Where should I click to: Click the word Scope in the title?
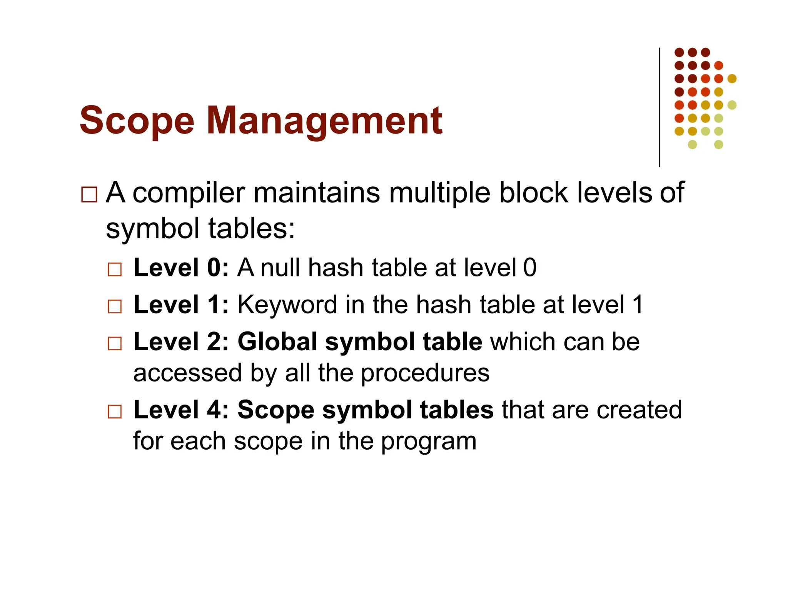[x=137, y=121]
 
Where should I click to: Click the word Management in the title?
[x=324, y=121]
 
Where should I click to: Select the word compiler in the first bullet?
[x=189, y=193]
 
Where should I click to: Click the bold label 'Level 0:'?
[x=181, y=268]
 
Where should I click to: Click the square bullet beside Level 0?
[x=115, y=269]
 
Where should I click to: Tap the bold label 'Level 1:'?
[x=181, y=304]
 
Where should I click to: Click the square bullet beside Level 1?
[x=115, y=307]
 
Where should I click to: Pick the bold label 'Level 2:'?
[x=181, y=341]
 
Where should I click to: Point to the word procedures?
[x=425, y=373]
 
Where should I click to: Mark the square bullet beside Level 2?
[x=115, y=343]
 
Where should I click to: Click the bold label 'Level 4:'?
[x=181, y=409]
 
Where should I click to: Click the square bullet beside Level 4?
[x=115, y=412]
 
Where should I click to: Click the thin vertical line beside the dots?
[x=659, y=107]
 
